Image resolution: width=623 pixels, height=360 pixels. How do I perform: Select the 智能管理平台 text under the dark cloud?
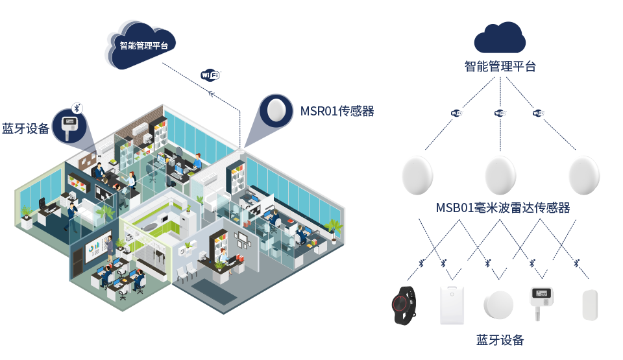pyautogui.click(x=500, y=66)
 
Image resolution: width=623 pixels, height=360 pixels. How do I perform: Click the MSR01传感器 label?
pyautogui.click(x=337, y=112)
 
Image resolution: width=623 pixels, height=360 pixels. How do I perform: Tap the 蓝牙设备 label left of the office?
pyautogui.click(x=26, y=129)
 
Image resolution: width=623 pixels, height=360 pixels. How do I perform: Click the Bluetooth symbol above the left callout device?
pyautogui.click(x=77, y=108)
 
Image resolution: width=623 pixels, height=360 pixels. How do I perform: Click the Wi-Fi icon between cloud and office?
pyautogui.click(x=211, y=75)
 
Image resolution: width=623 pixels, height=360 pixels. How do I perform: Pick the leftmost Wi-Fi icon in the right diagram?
pyautogui.click(x=456, y=113)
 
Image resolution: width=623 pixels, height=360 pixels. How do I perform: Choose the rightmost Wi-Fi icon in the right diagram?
pyautogui.click(x=538, y=113)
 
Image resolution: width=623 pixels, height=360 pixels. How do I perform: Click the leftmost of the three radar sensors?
pyautogui.click(x=417, y=174)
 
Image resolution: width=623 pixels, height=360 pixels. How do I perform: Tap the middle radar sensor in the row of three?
pyautogui.click(x=500, y=174)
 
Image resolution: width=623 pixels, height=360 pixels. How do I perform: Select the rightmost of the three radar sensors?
pyautogui.click(x=583, y=174)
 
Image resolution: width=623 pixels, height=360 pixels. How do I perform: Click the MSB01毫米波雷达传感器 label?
pyautogui.click(x=503, y=208)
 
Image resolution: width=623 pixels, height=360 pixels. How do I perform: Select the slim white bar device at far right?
pyautogui.click(x=589, y=305)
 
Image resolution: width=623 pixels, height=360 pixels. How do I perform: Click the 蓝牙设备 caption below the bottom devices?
pyautogui.click(x=500, y=340)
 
